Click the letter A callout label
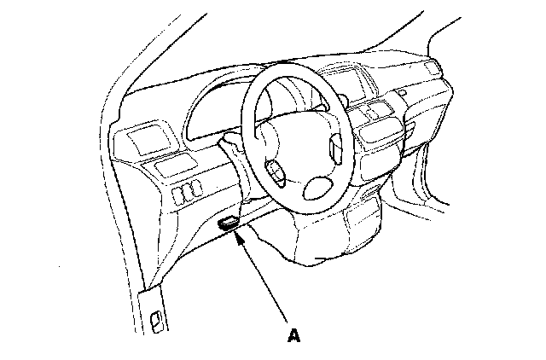tap(294, 335)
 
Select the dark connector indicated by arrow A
tap(229, 224)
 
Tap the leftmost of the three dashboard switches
tap(177, 196)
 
